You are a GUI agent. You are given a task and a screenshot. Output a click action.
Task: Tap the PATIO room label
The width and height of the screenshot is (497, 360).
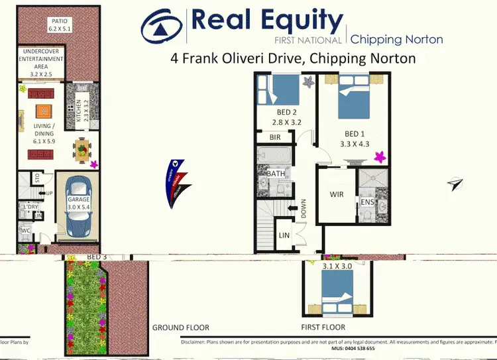[58, 25]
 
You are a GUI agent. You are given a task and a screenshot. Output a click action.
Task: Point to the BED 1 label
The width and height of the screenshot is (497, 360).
[355, 137]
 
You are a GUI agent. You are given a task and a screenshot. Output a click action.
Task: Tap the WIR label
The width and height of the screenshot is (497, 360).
[337, 195]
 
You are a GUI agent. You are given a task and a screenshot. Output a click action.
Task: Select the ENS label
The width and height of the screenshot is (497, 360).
[366, 201]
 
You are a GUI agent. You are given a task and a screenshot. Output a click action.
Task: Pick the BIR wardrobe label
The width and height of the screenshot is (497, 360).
[275, 138]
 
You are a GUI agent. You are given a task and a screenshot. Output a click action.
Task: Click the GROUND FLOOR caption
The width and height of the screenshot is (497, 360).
[181, 328]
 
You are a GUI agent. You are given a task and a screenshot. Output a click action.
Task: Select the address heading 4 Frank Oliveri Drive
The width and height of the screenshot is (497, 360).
[292, 58]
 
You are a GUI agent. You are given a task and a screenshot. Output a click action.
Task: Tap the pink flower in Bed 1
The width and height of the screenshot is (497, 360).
[380, 157]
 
